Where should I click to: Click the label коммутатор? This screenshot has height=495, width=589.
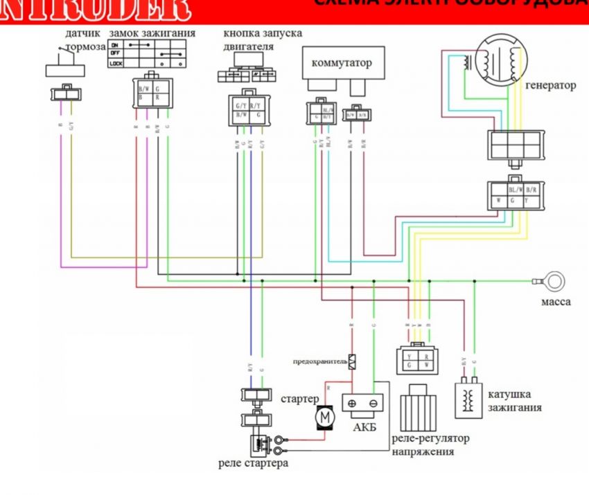342,63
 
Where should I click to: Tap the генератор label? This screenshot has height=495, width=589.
551,86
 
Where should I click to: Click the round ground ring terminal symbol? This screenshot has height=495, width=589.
554,282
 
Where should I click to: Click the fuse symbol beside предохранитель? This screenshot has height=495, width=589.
352,361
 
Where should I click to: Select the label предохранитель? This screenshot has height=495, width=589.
319,361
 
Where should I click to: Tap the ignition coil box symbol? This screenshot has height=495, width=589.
468,399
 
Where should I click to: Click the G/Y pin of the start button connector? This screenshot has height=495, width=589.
240,104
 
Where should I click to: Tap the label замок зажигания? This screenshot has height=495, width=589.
152,33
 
